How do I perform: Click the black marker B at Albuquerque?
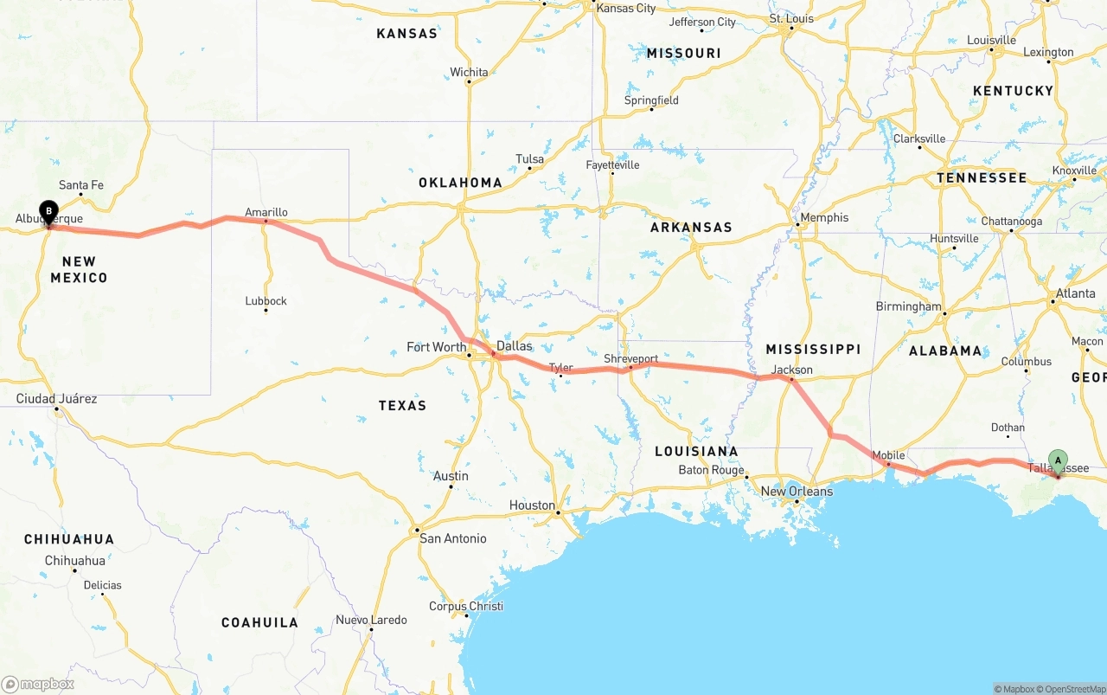pos(49,211)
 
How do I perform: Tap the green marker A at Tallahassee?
pos(1057,460)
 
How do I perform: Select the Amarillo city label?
pos(266,212)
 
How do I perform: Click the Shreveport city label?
pos(630,358)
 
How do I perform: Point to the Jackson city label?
pos(792,370)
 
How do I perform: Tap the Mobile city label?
pos(888,455)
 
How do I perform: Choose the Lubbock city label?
pos(266,301)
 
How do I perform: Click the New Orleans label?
pos(797,492)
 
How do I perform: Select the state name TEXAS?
pos(402,405)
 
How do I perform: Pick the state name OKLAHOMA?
pos(460,183)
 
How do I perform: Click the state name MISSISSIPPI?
pos(813,349)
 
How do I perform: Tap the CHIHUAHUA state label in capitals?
pos(69,539)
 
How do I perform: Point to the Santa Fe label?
pos(81,185)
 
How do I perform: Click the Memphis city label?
pos(824,217)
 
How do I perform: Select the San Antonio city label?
pos(452,538)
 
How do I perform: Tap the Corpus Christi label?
pos(466,606)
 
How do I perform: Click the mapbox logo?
pos(38,684)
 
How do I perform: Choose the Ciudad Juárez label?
pos(56,399)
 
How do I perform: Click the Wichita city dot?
pos(469,83)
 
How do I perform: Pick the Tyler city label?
pos(561,368)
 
